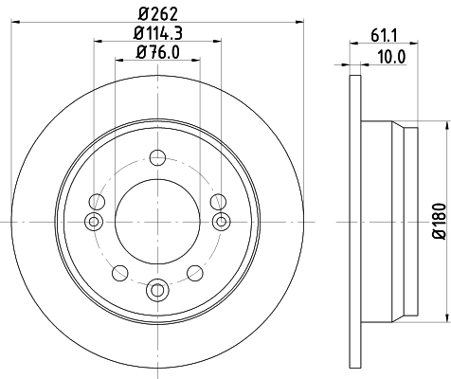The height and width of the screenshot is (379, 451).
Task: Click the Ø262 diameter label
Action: (x=157, y=13)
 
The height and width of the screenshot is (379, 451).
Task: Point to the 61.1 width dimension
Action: (x=384, y=37)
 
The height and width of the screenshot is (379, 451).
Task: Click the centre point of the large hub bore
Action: (x=156, y=221)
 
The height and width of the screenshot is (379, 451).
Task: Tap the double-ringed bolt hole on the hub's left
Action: (x=93, y=221)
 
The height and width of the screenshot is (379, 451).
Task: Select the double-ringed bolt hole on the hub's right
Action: (x=221, y=221)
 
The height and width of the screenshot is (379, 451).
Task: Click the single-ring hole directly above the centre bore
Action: (x=156, y=157)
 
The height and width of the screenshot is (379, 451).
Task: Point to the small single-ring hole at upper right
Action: (x=217, y=201)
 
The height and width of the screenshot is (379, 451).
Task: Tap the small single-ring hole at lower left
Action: (x=119, y=273)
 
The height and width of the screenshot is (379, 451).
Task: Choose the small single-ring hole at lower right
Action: (x=194, y=273)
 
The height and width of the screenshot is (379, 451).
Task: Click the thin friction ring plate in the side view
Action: (x=355, y=221)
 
